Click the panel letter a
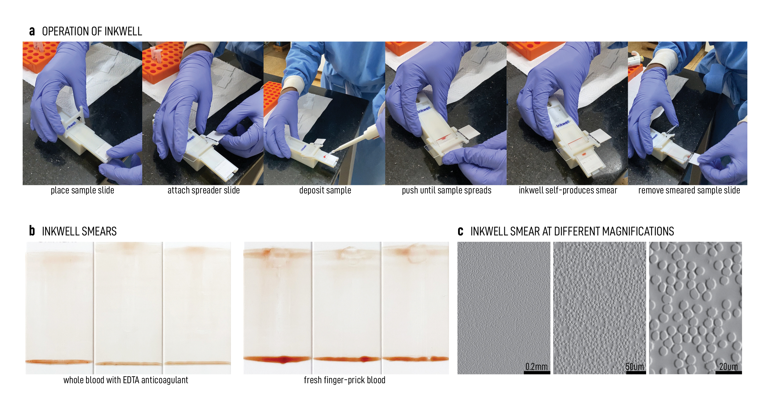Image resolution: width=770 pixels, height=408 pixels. pos(32,31)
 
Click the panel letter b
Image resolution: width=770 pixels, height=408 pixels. pos(32,231)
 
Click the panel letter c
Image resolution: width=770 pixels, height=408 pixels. pos(460,232)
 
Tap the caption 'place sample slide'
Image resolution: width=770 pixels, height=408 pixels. pos(82,190)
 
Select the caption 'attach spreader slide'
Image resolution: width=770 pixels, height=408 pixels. pos(204,190)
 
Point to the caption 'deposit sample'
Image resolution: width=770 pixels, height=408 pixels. pos(325,190)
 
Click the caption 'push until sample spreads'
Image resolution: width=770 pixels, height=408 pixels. pos(447,190)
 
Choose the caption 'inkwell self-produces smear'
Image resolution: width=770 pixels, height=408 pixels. pos(568,190)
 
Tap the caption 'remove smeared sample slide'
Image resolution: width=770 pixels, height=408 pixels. pos(689,190)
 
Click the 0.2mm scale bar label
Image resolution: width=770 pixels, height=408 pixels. pos(536,367)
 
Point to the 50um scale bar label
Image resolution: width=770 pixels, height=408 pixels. pos(635,367)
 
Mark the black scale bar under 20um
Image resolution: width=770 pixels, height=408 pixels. pos(728,373)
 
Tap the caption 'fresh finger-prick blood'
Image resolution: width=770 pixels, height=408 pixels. pos(345,380)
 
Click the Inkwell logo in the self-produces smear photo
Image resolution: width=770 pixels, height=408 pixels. pos(563,124)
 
